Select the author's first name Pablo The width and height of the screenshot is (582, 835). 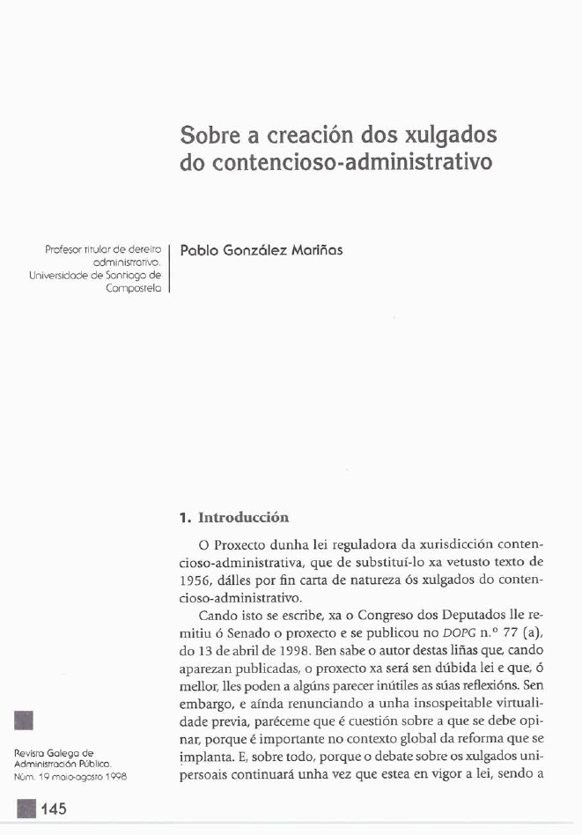(197, 250)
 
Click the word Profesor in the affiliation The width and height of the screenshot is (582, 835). (63, 250)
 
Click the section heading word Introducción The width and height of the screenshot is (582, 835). (244, 517)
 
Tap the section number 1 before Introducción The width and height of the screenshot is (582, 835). (183, 517)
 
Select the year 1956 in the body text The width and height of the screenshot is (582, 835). (196, 577)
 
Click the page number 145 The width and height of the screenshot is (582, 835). (53, 809)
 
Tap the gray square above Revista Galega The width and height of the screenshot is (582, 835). (25, 720)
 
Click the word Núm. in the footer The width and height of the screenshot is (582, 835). (26, 777)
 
